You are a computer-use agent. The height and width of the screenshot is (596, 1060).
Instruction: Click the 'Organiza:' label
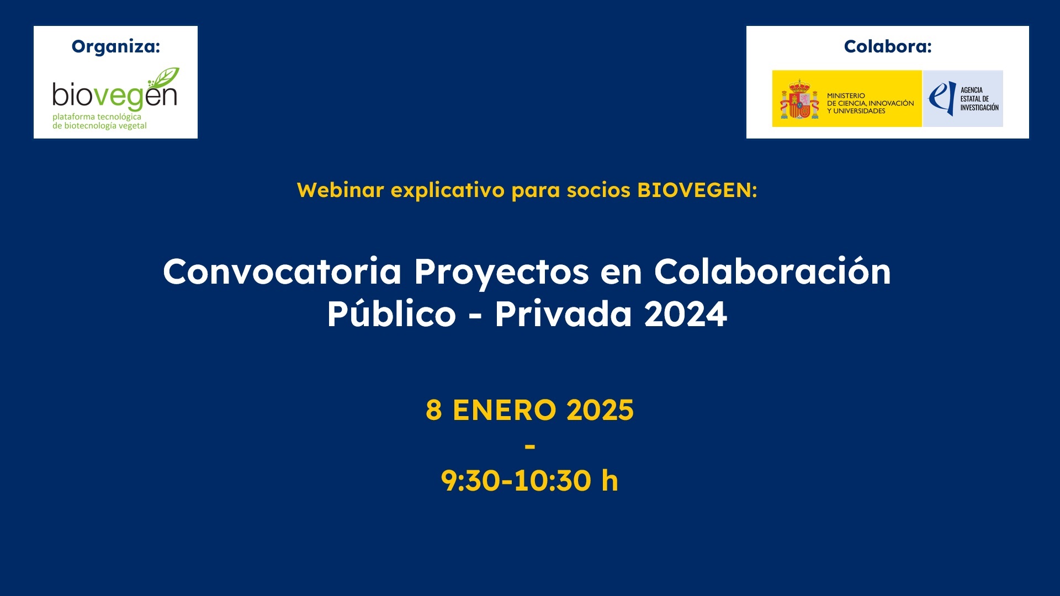pyautogui.click(x=115, y=47)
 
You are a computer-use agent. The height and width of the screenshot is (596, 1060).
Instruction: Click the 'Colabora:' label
pyautogui.click(x=887, y=47)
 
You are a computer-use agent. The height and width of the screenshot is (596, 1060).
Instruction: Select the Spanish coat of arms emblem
pyautogui.click(x=799, y=100)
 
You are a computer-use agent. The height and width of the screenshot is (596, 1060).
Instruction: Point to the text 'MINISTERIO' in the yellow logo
pyautogui.click(x=846, y=96)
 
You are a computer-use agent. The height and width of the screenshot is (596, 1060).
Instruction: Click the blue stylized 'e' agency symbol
pyautogui.click(x=941, y=98)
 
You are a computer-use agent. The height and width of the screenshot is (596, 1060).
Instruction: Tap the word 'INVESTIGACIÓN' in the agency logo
pyautogui.click(x=979, y=108)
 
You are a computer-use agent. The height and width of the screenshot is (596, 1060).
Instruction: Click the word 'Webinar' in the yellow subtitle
pyautogui.click(x=340, y=190)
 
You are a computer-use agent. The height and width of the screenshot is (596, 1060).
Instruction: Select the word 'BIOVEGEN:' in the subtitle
pyautogui.click(x=697, y=190)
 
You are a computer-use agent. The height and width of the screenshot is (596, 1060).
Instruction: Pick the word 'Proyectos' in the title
pyautogui.click(x=501, y=273)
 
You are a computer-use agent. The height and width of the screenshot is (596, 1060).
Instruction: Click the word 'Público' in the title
pyautogui.click(x=391, y=314)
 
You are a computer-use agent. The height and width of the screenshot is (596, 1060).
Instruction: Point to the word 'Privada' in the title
pyautogui.click(x=563, y=314)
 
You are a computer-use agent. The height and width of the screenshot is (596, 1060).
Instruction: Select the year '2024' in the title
pyautogui.click(x=685, y=315)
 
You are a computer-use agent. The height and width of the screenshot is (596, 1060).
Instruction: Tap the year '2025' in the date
pyautogui.click(x=600, y=410)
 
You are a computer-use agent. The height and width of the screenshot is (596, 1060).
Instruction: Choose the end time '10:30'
pyautogui.click(x=553, y=481)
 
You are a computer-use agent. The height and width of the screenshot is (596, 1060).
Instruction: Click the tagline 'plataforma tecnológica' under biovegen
pyautogui.click(x=97, y=117)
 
